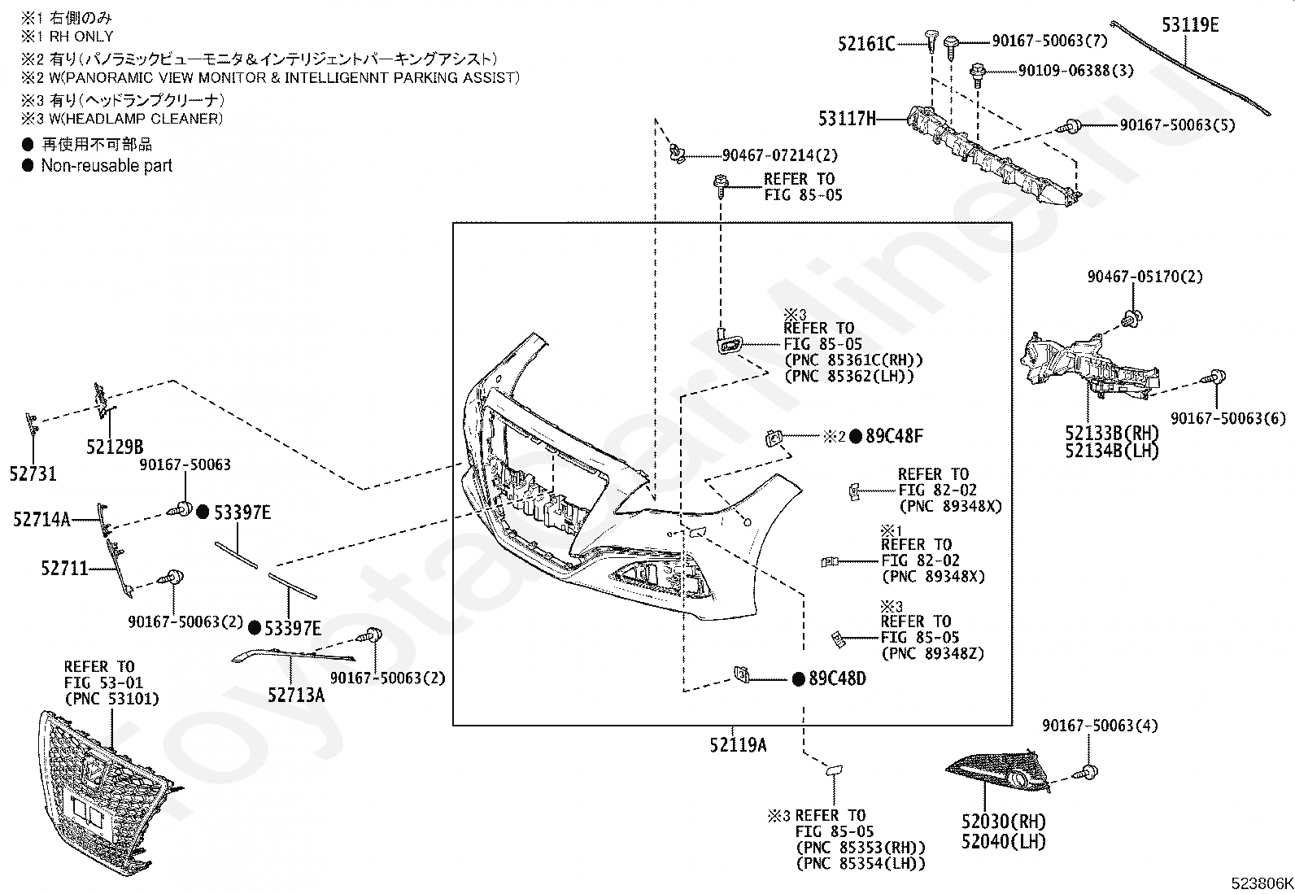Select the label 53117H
tap(847, 120)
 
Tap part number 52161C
tap(866, 44)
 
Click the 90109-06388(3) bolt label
tap(1075, 71)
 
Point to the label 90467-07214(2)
tap(779, 155)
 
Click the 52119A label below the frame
tap(737, 744)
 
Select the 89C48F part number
tap(893, 436)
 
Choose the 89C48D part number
tap(837, 678)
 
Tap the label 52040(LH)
tap(1003, 842)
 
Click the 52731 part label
tap(33, 473)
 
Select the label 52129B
tap(115, 447)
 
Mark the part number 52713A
tap(296, 694)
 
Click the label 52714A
tap(41, 519)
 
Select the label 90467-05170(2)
tap(1145, 277)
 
